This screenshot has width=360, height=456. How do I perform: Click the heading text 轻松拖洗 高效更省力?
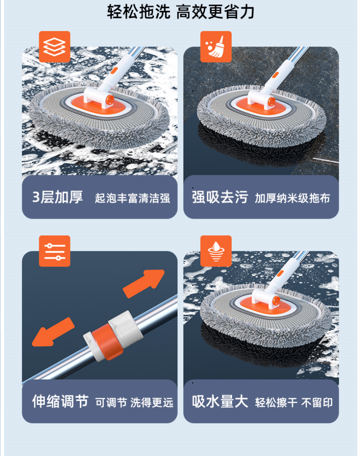(x=180, y=12)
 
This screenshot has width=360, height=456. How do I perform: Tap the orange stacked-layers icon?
(x=55, y=46)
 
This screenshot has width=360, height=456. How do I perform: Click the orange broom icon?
(x=216, y=46)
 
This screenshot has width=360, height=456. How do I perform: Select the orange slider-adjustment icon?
(x=55, y=251)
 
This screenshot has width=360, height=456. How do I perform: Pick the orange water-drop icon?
(x=216, y=251)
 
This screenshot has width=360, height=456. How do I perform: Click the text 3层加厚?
(x=57, y=197)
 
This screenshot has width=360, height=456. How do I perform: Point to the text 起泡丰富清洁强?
(x=132, y=198)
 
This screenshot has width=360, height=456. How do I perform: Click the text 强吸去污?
(x=220, y=197)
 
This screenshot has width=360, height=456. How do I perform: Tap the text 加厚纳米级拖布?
(x=293, y=198)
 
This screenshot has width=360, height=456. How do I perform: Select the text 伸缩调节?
(x=60, y=401)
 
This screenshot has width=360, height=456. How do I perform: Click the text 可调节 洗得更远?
(x=134, y=403)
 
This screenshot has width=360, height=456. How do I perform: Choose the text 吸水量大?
(x=220, y=401)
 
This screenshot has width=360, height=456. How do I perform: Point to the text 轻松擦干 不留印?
(x=294, y=403)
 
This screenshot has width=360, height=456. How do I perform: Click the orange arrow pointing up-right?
(x=143, y=283)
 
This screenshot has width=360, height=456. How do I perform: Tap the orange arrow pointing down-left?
(x=53, y=332)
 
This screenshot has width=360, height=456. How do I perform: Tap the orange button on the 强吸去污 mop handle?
(x=275, y=75)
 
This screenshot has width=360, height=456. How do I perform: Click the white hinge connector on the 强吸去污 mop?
(x=260, y=99)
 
